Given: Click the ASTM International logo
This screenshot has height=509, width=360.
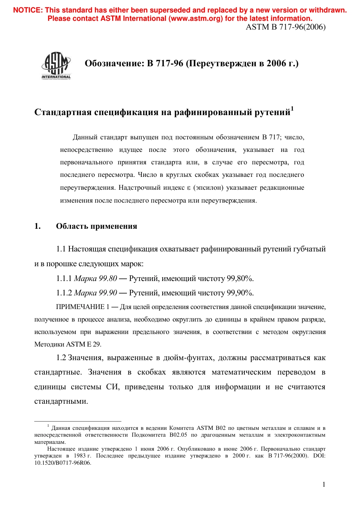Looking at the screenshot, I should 56,65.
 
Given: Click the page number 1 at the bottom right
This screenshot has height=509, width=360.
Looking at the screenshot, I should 324,484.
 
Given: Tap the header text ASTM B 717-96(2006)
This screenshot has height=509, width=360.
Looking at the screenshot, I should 286,27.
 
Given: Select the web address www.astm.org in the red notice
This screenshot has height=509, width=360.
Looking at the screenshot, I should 196,19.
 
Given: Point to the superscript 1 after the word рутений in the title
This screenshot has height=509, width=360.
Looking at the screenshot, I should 292,109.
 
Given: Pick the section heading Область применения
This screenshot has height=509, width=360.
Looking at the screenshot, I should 96,226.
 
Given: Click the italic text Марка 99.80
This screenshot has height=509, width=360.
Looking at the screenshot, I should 95,279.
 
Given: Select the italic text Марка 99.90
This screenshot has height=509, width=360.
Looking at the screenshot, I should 95,293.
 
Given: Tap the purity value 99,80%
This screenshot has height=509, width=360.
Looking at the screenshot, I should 240,279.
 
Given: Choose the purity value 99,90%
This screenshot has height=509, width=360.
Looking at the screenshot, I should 240,293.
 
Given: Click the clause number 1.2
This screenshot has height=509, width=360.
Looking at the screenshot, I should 61,358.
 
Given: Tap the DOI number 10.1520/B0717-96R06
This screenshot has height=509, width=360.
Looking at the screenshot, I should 63,463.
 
